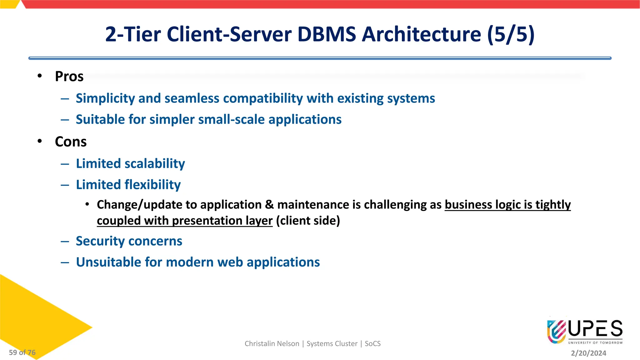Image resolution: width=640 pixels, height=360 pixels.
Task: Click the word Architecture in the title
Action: pyautogui.click(x=421, y=34)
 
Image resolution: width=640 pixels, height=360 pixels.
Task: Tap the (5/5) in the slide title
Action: pyautogui.click(x=511, y=34)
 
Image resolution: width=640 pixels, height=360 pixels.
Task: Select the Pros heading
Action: pyautogui.click(x=69, y=77)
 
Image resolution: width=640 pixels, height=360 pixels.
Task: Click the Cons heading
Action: pyautogui.click(x=71, y=142)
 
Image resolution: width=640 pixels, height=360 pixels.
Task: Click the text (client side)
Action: pyautogui.click(x=308, y=221)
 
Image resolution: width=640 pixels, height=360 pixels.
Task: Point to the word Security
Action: pyautogui.click(x=100, y=241)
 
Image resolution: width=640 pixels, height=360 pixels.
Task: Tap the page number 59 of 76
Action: pyautogui.click(x=22, y=352)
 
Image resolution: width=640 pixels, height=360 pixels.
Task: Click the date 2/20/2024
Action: pyautogui.click(x=588, y=353)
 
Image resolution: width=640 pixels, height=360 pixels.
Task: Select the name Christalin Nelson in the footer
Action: pyautogui.click(x=272, y=344)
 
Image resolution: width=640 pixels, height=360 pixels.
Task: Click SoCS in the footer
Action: pyautogui.click(x=372, y=344)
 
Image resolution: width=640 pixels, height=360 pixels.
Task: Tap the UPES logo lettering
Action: pyautogui.click(x=595, y=329)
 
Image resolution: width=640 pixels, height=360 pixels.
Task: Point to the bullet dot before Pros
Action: pyautogui.click(x=40, y=76)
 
